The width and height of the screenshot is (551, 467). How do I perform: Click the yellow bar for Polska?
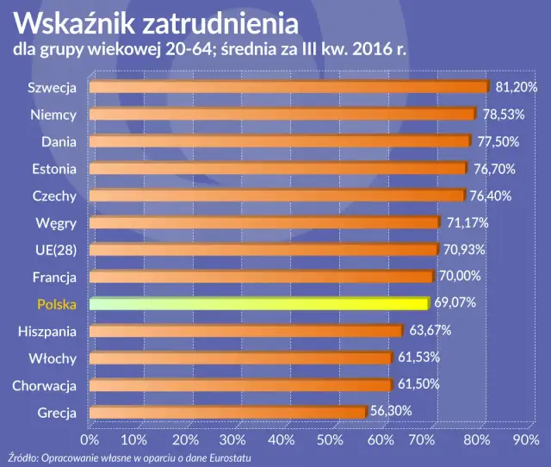[x=258, y=304]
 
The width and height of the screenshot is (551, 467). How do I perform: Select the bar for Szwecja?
[x=288, y=87]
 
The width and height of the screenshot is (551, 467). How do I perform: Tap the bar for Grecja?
[x=227, y=413]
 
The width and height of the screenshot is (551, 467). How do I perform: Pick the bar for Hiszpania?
[x=245, y=331]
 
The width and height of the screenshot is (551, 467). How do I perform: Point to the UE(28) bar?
[x=263, y=250]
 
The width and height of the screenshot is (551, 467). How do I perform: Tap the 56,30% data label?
[x=391, y=413]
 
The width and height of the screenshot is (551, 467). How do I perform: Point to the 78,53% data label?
[x=502, y=115]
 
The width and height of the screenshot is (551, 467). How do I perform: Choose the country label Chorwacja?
[x=45, y=385]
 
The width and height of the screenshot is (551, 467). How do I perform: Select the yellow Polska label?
[x=57, y=304]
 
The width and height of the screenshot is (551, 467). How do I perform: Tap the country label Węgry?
[x=58, y=223]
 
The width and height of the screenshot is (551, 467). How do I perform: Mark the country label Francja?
[x=55, y=277]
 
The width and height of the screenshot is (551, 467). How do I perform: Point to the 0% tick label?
[x=90, y=439]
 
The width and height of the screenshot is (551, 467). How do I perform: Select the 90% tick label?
[x=525, y=439]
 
